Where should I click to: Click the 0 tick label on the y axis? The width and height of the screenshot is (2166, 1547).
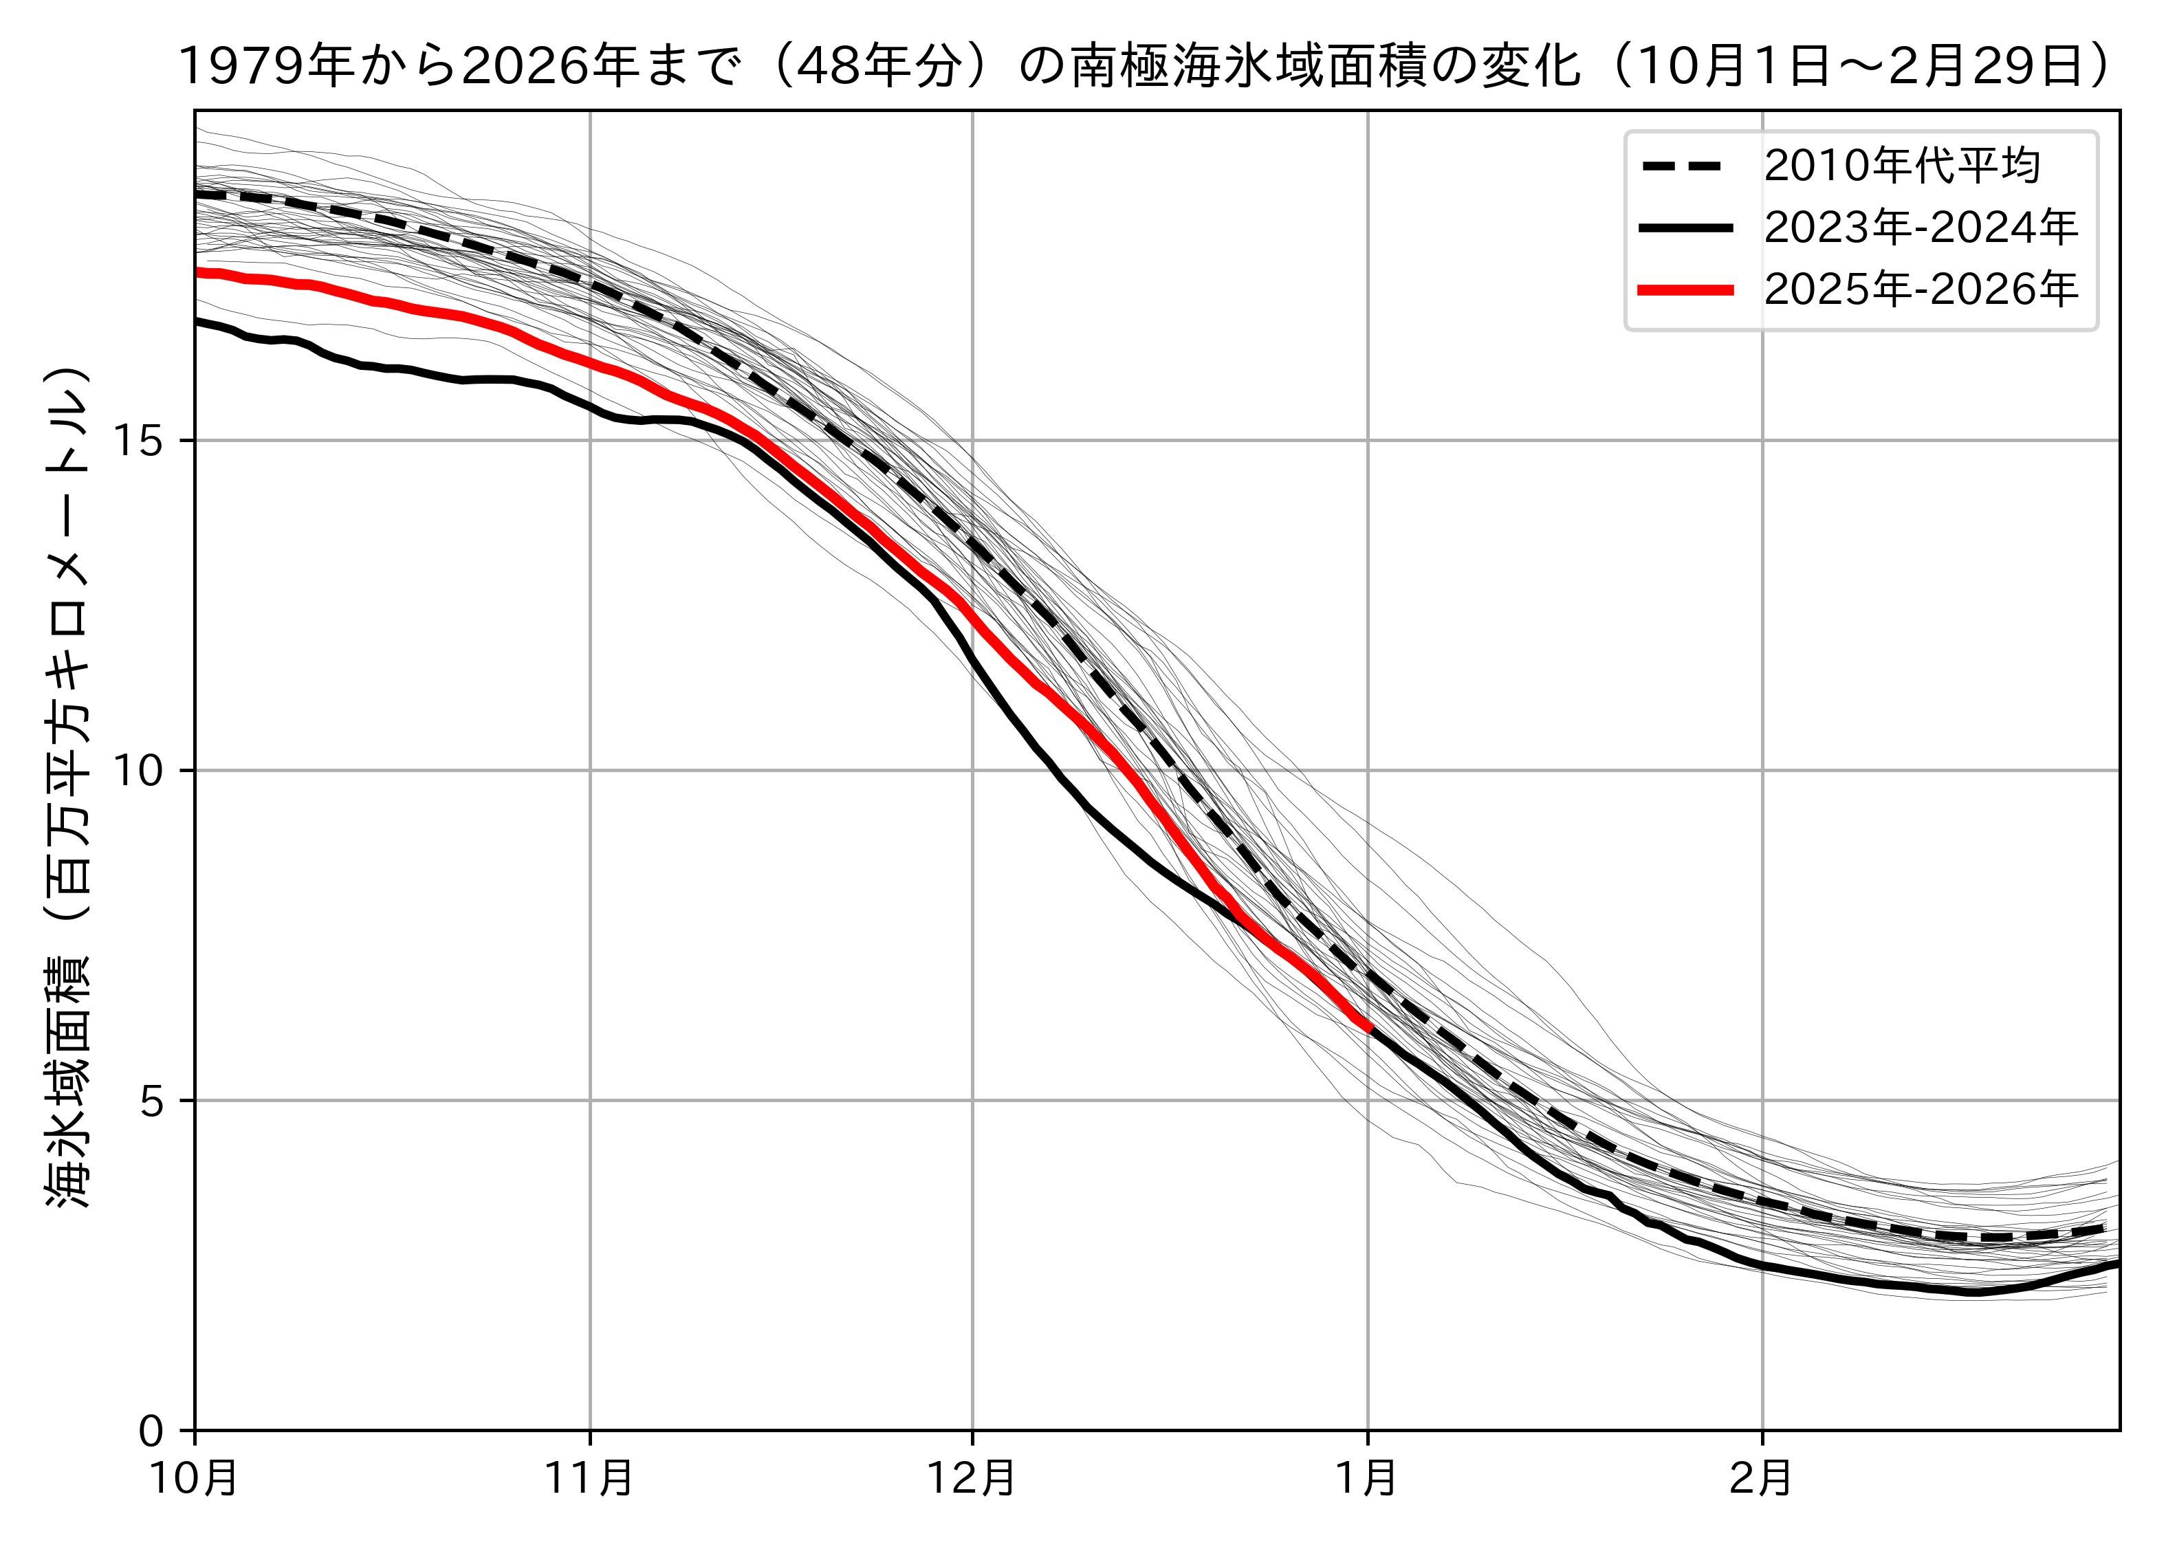(151, 1431)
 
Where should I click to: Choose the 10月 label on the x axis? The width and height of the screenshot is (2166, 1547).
(195, 1480)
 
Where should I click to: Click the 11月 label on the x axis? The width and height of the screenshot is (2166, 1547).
(589, 1480)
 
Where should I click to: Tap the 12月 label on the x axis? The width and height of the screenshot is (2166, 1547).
(972, 1480)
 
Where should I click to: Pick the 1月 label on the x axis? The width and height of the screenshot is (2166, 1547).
(1367, 1480)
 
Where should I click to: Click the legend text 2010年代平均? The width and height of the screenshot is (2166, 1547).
(1901, 166)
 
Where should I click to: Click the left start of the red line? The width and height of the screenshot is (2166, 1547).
(197, 274)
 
